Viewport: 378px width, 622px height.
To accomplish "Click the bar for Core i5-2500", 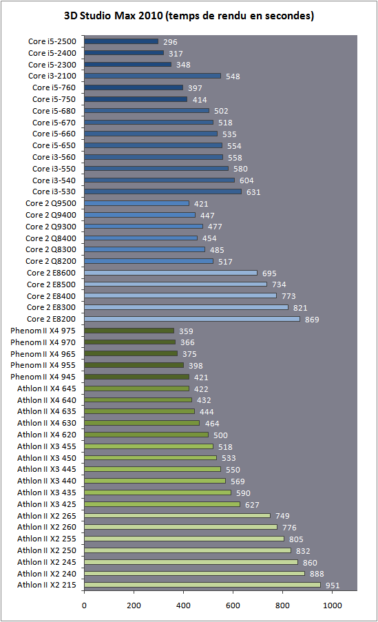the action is [x=121, y=41].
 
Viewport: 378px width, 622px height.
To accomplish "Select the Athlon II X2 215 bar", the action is [x=202, y=585].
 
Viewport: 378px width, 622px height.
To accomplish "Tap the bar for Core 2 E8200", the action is [x=192, y=319].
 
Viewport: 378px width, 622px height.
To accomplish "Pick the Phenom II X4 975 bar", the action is [x=129, y=331].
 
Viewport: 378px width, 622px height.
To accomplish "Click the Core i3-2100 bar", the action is [x=153, y=76].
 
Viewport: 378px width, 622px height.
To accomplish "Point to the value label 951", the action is [x=333, y=585].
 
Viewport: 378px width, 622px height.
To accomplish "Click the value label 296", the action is [x=170, y=42].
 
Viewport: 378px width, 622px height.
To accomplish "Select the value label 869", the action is [x=312, y=320].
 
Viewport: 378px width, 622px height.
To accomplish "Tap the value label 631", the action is [x=253, y=192].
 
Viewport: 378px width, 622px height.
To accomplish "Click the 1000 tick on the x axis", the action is [x=332, y=605].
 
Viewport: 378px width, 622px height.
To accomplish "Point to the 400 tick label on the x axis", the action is [x=183, y=605].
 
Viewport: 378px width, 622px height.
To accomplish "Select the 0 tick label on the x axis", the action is [x=84, y=605].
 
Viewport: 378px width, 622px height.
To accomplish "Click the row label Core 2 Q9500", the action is [x=51, y=203].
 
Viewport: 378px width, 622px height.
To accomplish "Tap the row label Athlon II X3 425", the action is [x=46, y=504].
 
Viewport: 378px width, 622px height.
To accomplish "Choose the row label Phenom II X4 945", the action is [x=43, y=377].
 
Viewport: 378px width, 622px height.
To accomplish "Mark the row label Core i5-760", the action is [x=54, y=87].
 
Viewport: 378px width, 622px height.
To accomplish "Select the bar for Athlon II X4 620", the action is [x=147, y=435].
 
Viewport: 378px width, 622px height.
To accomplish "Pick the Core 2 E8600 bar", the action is [x=171, y=273].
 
